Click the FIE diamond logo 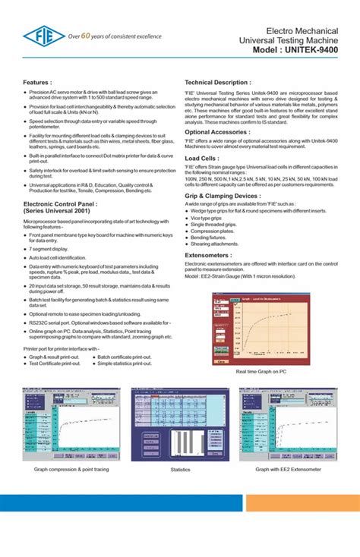tap(43, 35)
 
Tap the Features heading tap(38, 81)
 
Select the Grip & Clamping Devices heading tap(223, 195)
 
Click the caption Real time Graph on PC tap(260, 372)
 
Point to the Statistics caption tap(180, 470)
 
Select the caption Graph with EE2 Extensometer tap(289, 470)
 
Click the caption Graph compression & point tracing tap(71, 470)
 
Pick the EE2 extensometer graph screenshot tap(287, 424)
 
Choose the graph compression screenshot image tap(71, 424)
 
